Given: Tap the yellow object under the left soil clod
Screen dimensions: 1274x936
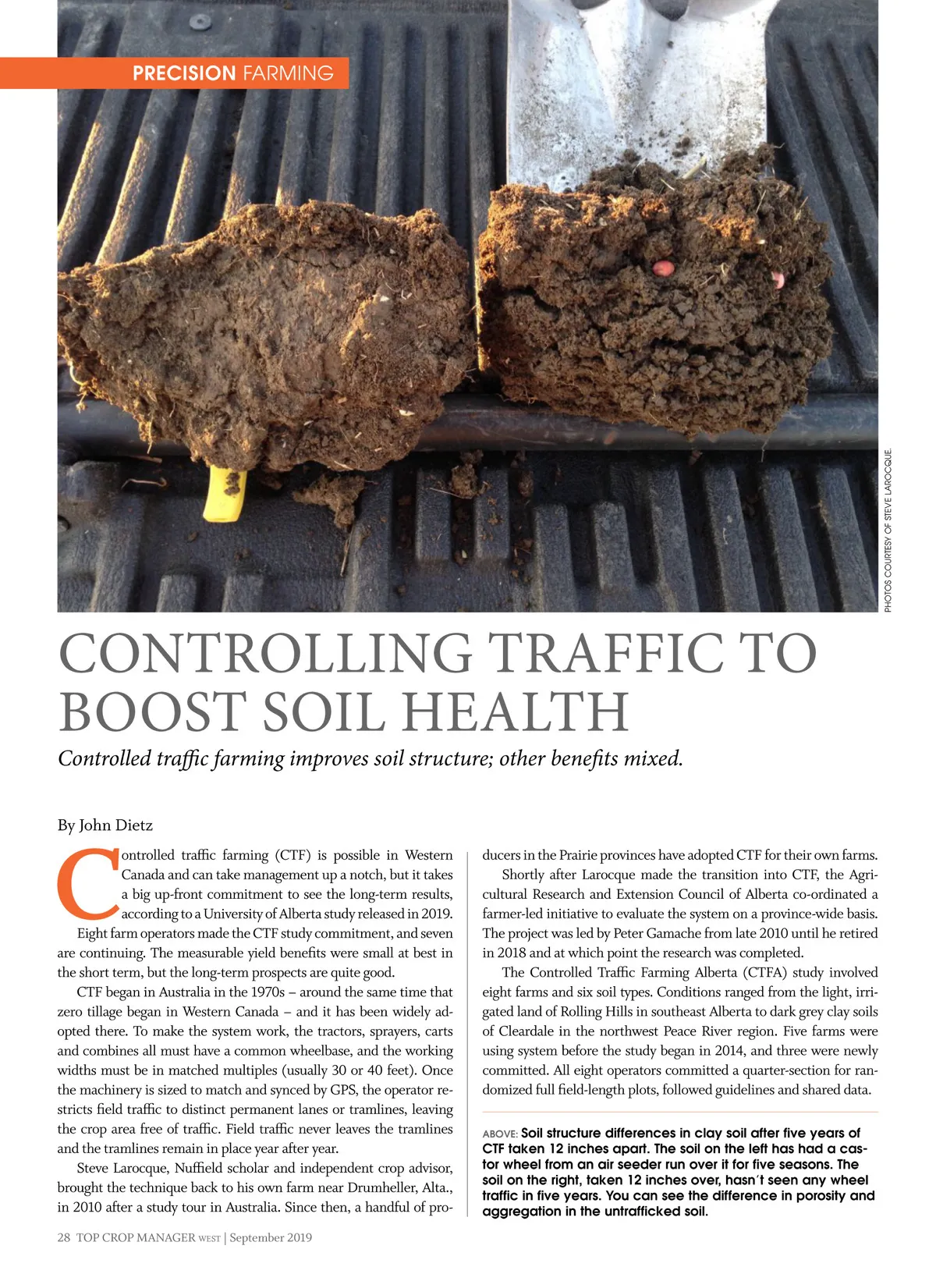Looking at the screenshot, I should (x=225, y=494).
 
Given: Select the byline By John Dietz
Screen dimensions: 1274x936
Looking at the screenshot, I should (x=105, y=825).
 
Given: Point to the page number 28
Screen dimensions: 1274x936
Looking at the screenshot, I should (x=64, y=1237).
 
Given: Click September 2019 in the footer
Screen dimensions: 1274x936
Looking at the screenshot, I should (x=271, y=1237).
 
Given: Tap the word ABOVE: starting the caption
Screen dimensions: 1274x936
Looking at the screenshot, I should (x=499, y=1134).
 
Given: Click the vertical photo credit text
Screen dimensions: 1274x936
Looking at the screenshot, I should (x=889, y=531).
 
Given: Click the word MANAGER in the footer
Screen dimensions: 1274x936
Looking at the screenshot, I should (x=163, y=1237).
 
